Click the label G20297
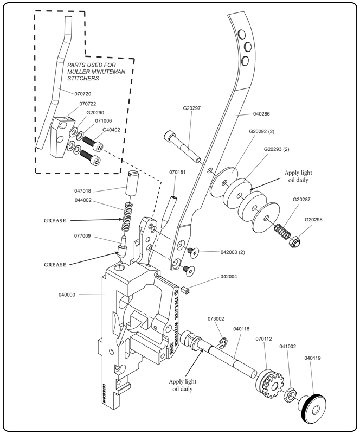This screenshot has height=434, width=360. (x=192, y=108)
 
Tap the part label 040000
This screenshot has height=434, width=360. (x=67, y=295)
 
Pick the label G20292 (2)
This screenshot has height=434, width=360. (x=263, y=132)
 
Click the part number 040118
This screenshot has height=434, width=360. (x=241, y=329)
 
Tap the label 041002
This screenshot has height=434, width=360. (x=288, y=344)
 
